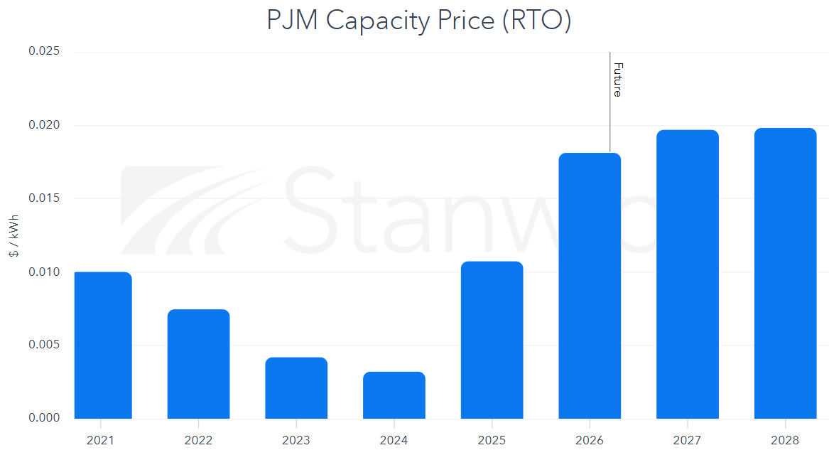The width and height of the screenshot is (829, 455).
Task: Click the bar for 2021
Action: [102, 346]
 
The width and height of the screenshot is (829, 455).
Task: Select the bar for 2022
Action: [198, 364]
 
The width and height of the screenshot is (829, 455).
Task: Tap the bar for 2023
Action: [296, 388]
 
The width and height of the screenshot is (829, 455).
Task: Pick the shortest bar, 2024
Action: [394, 395]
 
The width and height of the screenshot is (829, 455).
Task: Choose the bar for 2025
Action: [492, 340]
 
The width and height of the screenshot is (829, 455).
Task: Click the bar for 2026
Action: [590, 286]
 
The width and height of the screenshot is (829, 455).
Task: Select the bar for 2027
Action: [687, 274]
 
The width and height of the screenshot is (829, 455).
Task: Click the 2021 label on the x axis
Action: [100, 440]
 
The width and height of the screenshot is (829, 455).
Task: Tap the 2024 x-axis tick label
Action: [394, 440]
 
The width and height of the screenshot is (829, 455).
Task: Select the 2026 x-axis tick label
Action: [590, 440]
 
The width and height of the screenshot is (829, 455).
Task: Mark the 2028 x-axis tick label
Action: [785, 440]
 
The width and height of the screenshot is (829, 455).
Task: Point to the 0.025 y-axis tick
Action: [44, 52]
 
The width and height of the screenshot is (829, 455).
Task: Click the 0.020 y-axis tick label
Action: [44, 125]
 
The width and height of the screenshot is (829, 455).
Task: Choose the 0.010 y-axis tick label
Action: [44, 272]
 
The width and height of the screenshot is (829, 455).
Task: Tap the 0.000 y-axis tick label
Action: [44, 418]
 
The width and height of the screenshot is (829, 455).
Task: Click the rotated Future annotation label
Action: [617, 80]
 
